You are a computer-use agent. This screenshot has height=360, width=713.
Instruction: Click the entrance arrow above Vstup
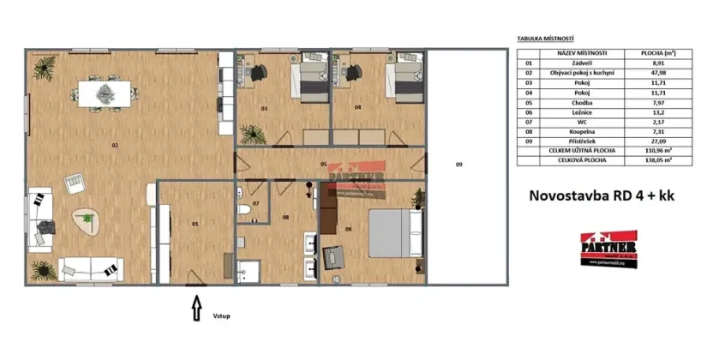coord(197,305)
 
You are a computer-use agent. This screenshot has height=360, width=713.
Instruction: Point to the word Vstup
coord(223,315)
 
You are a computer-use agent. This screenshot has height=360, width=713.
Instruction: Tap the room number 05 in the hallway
coord(324,163)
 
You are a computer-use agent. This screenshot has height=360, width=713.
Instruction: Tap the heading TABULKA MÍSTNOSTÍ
coord(546,39)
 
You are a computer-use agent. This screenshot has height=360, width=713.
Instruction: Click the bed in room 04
coord(401,81)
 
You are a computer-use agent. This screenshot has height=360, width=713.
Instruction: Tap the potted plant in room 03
coord(252,133)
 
